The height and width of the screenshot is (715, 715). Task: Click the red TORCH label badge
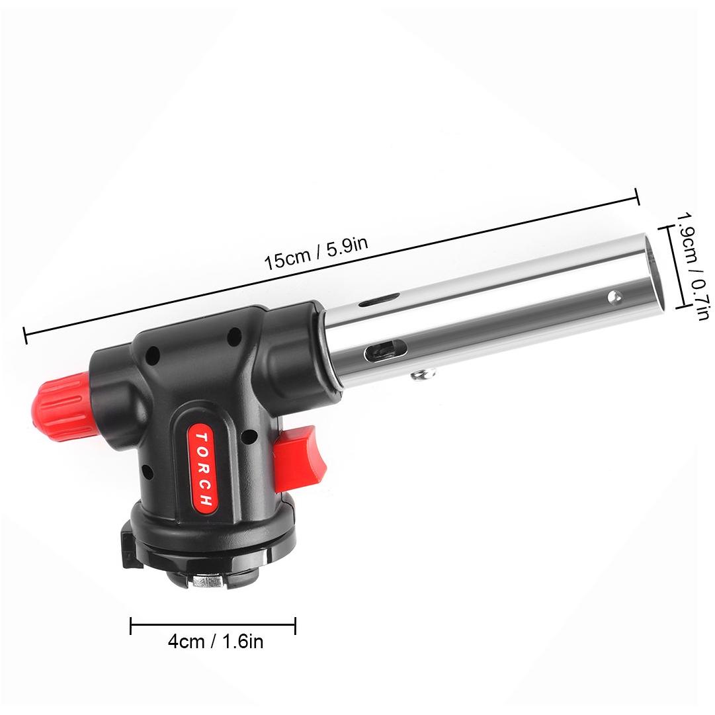(x=202, y=468)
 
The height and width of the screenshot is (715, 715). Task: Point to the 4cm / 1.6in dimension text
(x=216, y=642)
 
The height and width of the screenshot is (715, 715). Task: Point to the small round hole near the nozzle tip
(x=614, y=297)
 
